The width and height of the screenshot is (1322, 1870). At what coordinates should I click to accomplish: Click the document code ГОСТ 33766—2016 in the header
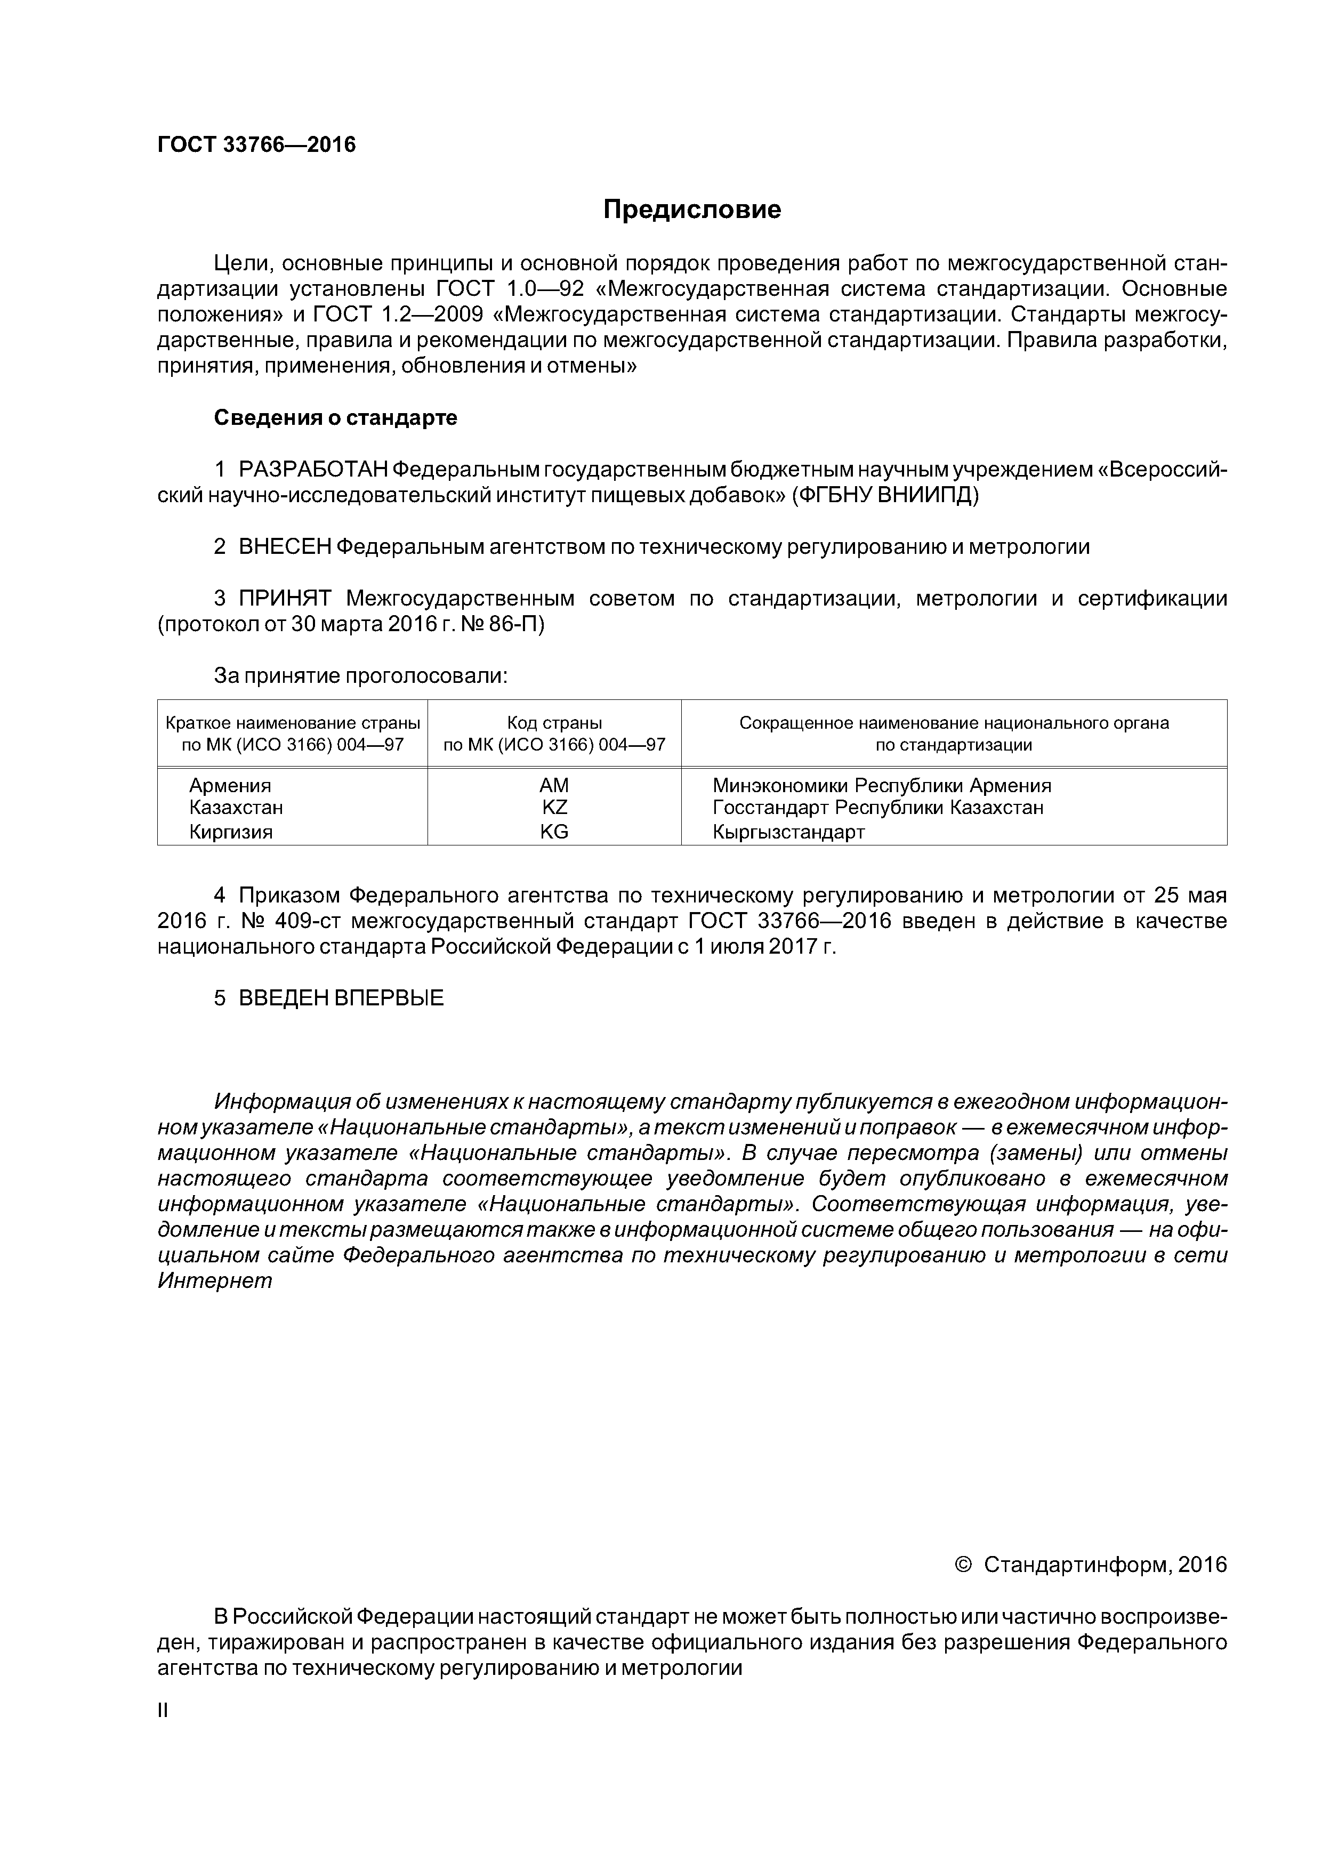tap(256, 145)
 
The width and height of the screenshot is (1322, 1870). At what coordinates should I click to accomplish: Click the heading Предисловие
tap(691, 210)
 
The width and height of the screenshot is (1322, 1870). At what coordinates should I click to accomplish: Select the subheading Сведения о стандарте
tap(336, 418)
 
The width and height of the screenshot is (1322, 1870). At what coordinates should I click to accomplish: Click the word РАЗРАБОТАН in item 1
tap(313, 470)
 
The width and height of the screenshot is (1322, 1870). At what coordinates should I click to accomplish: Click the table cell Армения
tap(230, 785)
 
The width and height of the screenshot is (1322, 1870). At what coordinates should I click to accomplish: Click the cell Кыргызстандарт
tap(788, 832)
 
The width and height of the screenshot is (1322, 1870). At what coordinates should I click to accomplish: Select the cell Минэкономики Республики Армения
tap(881, 785)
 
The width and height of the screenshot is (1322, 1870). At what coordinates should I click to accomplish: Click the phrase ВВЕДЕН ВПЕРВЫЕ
tap(341, 998)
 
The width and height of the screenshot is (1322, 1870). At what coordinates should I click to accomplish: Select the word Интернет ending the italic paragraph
tap(215, 1280)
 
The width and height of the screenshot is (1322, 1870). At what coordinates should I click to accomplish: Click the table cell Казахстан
tap(236, 807)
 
